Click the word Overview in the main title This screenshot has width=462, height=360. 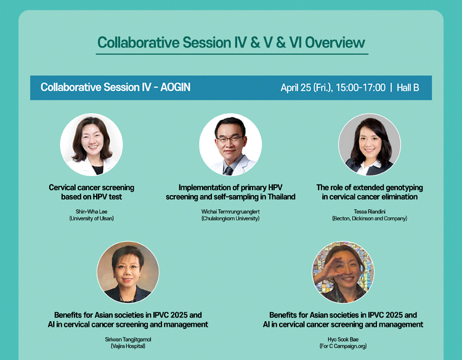point(335,42)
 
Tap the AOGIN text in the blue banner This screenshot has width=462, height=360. point(176,87)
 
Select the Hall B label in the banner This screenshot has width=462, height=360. point(408,87)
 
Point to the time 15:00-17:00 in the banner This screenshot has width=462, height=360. point(360,87)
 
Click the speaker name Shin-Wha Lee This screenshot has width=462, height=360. point(91,211)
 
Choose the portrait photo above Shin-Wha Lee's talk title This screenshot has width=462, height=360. point(91,145)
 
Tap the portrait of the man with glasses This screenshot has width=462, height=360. point(230,145)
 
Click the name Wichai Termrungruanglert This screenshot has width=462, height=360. point(230,211)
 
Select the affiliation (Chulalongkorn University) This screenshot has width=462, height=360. point(230,218)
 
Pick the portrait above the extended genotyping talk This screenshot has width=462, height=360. point(370,145)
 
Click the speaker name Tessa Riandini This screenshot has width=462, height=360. point(370,211)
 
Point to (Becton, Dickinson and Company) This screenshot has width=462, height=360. point(370,218)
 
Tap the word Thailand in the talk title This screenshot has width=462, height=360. point(282,197)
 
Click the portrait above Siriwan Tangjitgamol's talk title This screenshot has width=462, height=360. point(128,272)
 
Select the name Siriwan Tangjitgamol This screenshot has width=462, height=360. point(128,340)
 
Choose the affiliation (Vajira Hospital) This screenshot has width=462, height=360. point(128,346)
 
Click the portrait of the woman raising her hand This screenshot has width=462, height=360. point(343,272)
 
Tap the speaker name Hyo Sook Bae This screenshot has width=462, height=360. point(343,340)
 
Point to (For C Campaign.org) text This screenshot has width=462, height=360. point(343,346)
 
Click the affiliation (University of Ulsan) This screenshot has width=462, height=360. point(91,218)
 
